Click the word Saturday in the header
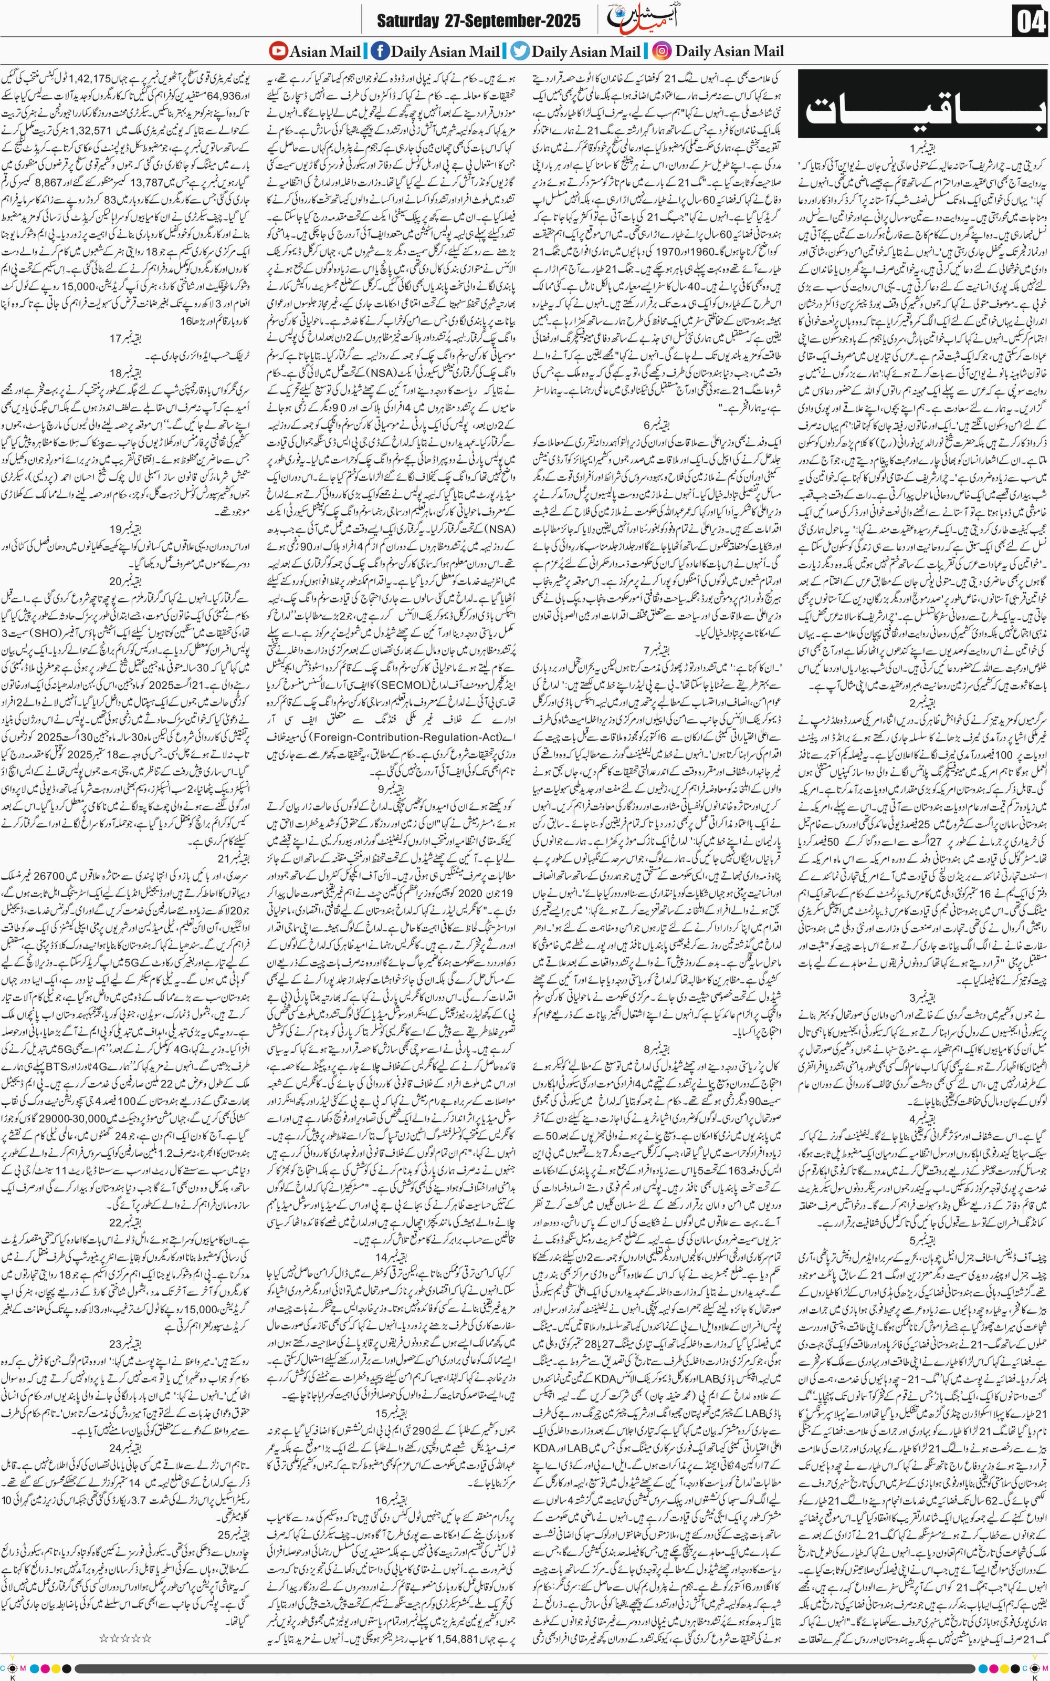pyautogui.click(x=407, y=21)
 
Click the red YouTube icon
pyautogui.click(x=278, y=51)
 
